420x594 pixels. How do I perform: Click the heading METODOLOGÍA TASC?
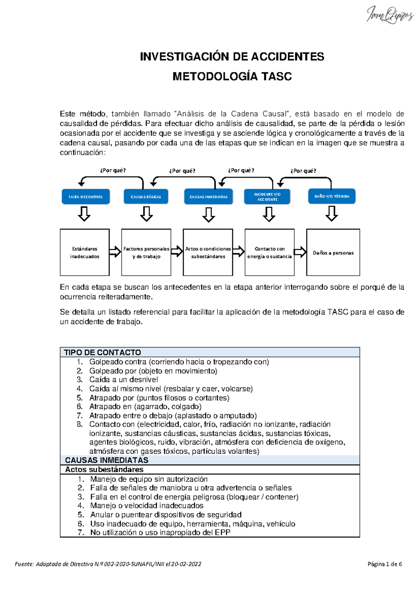click(232, 76)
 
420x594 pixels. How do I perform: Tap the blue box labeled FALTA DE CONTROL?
click(86, 197)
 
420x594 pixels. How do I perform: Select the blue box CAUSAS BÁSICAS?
click(146, 197)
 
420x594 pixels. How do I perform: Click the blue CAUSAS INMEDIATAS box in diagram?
click(209, 197)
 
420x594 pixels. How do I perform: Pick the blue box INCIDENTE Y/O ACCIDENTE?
click(267, 197)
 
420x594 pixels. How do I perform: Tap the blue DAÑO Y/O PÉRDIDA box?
click(331, 196)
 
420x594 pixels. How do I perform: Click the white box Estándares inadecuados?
click(85, 253)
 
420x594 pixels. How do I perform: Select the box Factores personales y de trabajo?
click(146, 253)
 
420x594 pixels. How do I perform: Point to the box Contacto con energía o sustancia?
click(269, 253)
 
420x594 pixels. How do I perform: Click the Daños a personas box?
click(333, 253)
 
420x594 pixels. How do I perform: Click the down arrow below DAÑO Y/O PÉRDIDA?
click(331, 213)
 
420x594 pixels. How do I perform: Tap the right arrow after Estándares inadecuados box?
click(115, 251)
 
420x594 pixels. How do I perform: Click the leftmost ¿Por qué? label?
click(113, 171)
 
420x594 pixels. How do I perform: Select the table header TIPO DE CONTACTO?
click(103, 352)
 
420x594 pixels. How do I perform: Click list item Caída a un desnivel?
click(123, 380)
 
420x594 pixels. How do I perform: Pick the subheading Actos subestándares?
click(104, 470)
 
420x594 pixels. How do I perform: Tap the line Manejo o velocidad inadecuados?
click(147, 506)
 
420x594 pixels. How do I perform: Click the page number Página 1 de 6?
click(385, 564)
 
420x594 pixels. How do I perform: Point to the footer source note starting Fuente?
click(108, 564)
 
